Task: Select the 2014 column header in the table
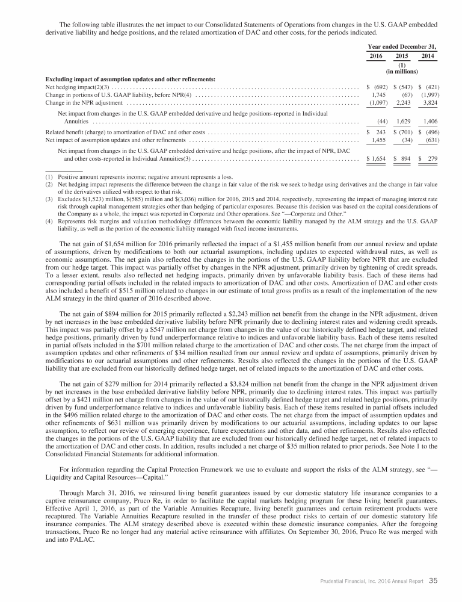click(428, 56)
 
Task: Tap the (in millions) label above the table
click(402, 71)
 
